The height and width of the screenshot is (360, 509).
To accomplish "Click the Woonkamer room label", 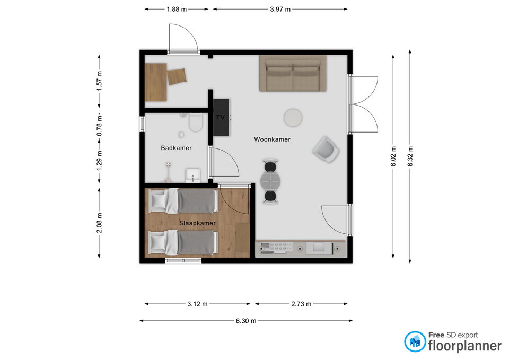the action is coord(272,139).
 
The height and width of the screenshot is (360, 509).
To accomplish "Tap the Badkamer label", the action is coord(176,148).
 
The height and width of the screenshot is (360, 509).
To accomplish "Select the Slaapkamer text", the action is coord(197,223).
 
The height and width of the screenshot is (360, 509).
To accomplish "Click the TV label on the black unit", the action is coord(221,117).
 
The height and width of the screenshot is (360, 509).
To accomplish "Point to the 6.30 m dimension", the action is coord(245,321).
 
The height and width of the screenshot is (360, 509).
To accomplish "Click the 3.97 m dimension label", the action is coord(280,9).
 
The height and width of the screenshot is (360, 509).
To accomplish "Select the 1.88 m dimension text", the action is coord(177,9).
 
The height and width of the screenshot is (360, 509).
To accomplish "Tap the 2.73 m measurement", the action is coord(301,304).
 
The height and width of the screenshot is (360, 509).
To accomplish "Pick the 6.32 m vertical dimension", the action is coord(410,156).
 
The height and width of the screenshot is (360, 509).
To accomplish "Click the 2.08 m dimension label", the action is coord(99,223).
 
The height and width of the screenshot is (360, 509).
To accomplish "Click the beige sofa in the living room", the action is coord(293,73).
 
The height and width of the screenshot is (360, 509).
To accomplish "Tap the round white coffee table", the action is coord(293,118).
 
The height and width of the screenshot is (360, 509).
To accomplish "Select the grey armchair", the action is coord(326,150).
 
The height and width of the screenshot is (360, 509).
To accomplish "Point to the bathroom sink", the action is coord(193,175).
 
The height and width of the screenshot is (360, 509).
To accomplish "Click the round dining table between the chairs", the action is coord(270,181).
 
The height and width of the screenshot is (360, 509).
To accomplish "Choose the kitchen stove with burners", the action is coord(276,248).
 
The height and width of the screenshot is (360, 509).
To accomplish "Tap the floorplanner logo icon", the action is coord(415,341).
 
